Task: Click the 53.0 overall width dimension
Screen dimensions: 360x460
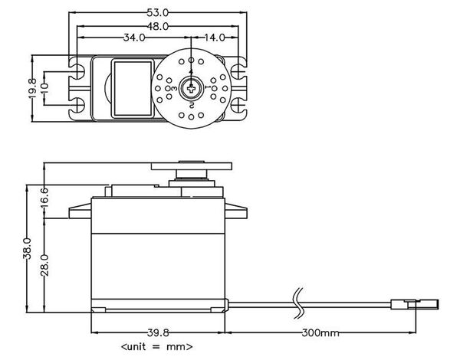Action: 160,12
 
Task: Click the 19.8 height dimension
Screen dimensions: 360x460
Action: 32,87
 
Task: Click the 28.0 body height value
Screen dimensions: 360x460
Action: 45,264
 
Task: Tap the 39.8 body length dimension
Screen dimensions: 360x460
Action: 158,333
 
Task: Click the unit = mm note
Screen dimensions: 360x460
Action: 156,347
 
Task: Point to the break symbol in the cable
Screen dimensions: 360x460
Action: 298,303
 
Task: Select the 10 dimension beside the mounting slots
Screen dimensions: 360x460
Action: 45,87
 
